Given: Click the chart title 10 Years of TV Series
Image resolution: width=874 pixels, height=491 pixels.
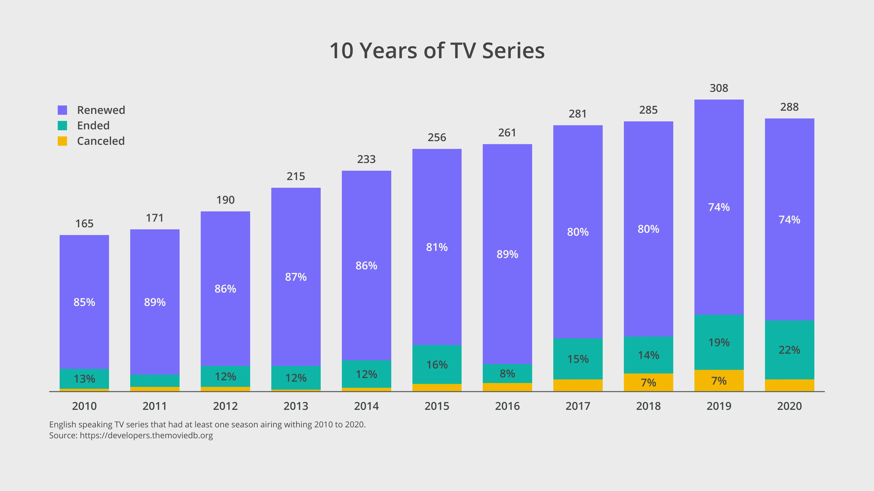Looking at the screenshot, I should pos(437,51).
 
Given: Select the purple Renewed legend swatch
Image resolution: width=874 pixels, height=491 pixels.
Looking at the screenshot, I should pos(62,110).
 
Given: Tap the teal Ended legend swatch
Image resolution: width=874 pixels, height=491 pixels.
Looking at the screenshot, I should pos(62,126).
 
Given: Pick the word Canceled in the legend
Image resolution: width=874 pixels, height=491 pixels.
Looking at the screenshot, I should pos(101,141).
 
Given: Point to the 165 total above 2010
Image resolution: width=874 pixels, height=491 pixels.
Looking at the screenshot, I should pos(84,224).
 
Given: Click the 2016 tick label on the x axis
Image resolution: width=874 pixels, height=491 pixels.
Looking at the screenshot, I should pos(507,406).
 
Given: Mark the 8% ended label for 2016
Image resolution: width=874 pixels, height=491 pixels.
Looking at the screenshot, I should pos(507,373).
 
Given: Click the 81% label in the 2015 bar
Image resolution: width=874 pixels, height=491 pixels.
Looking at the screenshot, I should pos(437,247).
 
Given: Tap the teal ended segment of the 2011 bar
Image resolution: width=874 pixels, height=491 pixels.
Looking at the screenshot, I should pos(155,381).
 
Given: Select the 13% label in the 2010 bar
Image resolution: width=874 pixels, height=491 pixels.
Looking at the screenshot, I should pos(84,378).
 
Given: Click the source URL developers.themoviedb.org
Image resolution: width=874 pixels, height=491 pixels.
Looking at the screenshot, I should pos(146,436).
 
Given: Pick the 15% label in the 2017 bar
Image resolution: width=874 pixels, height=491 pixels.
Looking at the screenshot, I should pos(578,359).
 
